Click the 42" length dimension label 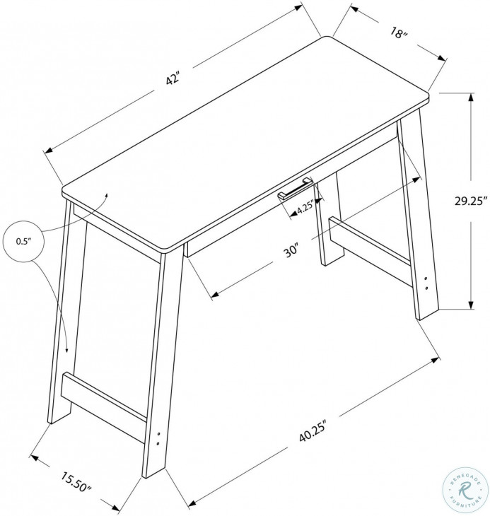(174, 80)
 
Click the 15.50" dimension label (76, 483)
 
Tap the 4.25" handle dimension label (305, 209)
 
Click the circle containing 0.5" (25, 242)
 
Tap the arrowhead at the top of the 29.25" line (469, 98)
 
